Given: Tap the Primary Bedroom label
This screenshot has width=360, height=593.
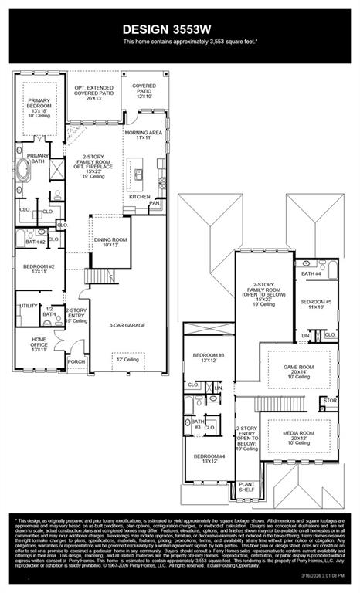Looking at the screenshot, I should (x=38, y=106).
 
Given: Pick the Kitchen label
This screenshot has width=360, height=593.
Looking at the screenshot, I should (x=140, y=197).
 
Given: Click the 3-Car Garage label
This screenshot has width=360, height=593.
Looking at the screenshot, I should (x=127, y=325).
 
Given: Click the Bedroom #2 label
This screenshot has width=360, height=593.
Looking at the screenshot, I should (x=39, y=268).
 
